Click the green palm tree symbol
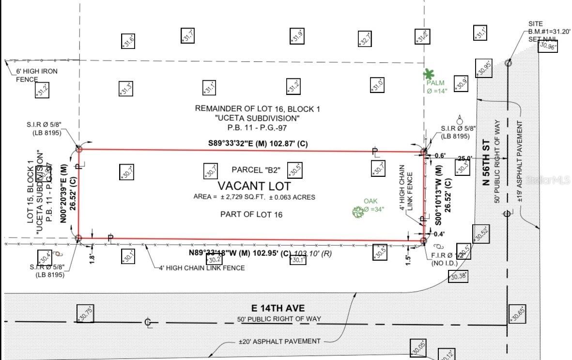coord(428,74)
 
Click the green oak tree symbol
coord(358,211)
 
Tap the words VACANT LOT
coord(254,186)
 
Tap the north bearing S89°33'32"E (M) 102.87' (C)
coord(255,143)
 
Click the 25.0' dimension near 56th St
coord(464,158)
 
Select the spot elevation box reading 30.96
coord(548,46)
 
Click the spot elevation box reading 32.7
coord(365,39)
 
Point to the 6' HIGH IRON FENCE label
coord(37,75)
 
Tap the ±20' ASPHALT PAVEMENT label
coord(279,341)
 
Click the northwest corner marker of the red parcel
coord(79,150)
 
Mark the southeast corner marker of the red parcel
coord(423,240)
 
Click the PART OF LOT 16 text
coord(251,214)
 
